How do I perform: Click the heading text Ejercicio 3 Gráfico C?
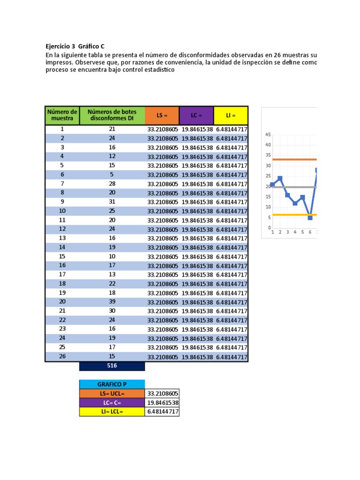tap(75, 46)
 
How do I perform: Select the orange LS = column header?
tap(162, 115)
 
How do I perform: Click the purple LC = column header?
tap(196, 115)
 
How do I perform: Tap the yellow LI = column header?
tap(231, 115)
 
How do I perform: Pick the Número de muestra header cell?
tap(62, 115)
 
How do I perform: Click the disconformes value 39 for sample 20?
tap(112, 302)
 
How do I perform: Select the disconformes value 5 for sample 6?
tap(112, 174)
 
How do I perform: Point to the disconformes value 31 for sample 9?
tap(112, 202)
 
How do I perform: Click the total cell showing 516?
tap(112, 366)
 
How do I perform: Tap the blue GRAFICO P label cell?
tap(112, 384)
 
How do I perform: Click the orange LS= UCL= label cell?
tap(112, 394)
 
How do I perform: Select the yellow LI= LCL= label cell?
tap(112, 412)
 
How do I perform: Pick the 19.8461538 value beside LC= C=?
tap(163, 403)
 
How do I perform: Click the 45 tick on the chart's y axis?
tap(268, 135)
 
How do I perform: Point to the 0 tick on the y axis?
tap(269, 228)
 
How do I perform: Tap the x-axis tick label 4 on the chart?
tap(295, 232)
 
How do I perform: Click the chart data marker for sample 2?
tap(280, 179)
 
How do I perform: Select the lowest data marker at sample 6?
tap(310, 217)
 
